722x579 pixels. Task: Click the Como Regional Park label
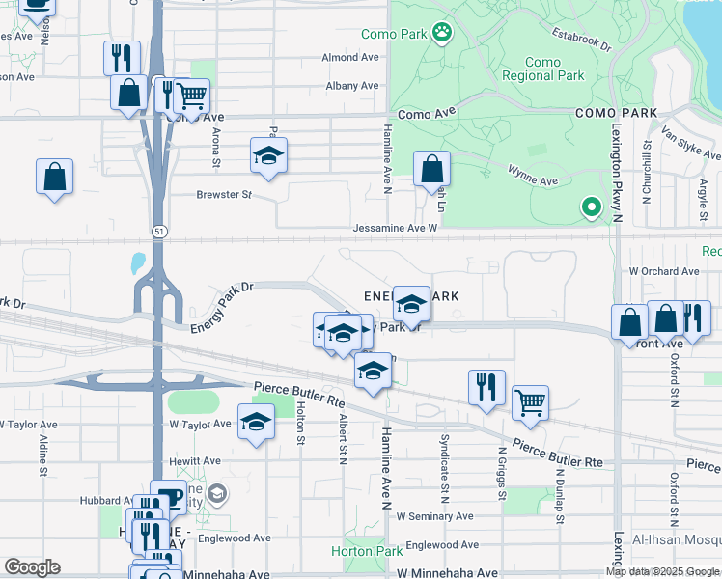[542, 69]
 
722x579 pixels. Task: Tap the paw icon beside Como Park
[442, 35]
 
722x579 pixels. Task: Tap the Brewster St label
[224, 194]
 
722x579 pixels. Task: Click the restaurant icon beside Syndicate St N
[487, 386]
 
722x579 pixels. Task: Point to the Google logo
[32, 566]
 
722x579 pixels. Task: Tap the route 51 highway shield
[157, 230]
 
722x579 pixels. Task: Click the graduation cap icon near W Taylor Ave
[256, 422]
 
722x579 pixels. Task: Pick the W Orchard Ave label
[663, 272]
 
